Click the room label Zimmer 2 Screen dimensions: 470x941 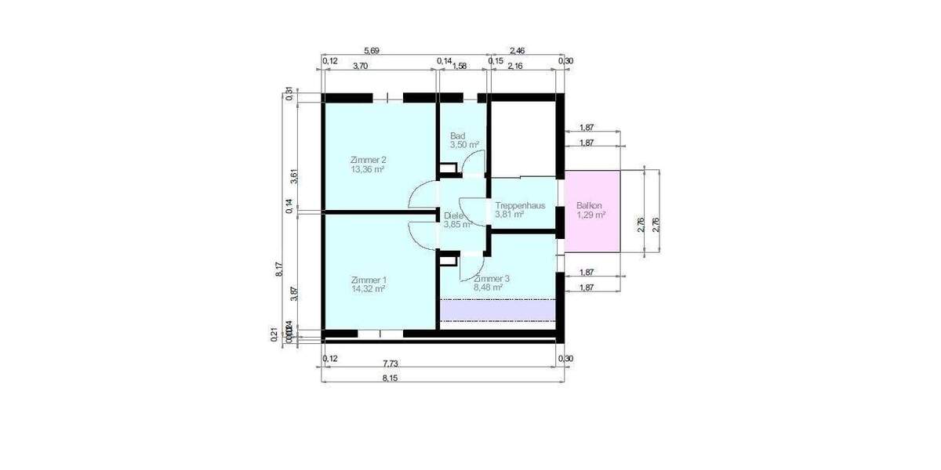[368, 160]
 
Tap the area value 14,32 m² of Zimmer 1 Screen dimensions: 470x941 [368, 289]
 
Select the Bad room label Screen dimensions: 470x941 [457, 136]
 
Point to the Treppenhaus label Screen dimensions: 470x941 [519, 205]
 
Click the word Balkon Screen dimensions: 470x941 [588, 205]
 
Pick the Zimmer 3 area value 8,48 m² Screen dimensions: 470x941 [487, 287]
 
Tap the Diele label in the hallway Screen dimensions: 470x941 [453, 215]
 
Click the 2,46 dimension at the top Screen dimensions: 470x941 [517, 51]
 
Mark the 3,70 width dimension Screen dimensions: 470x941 [360, 66]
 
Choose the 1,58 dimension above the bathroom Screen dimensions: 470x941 [460, 66]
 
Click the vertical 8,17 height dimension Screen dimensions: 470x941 [279, 269]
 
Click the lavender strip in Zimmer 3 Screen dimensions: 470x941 [497, 310]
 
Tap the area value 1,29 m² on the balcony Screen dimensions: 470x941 [590, 214]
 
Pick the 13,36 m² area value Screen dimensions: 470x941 [368, 168]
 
